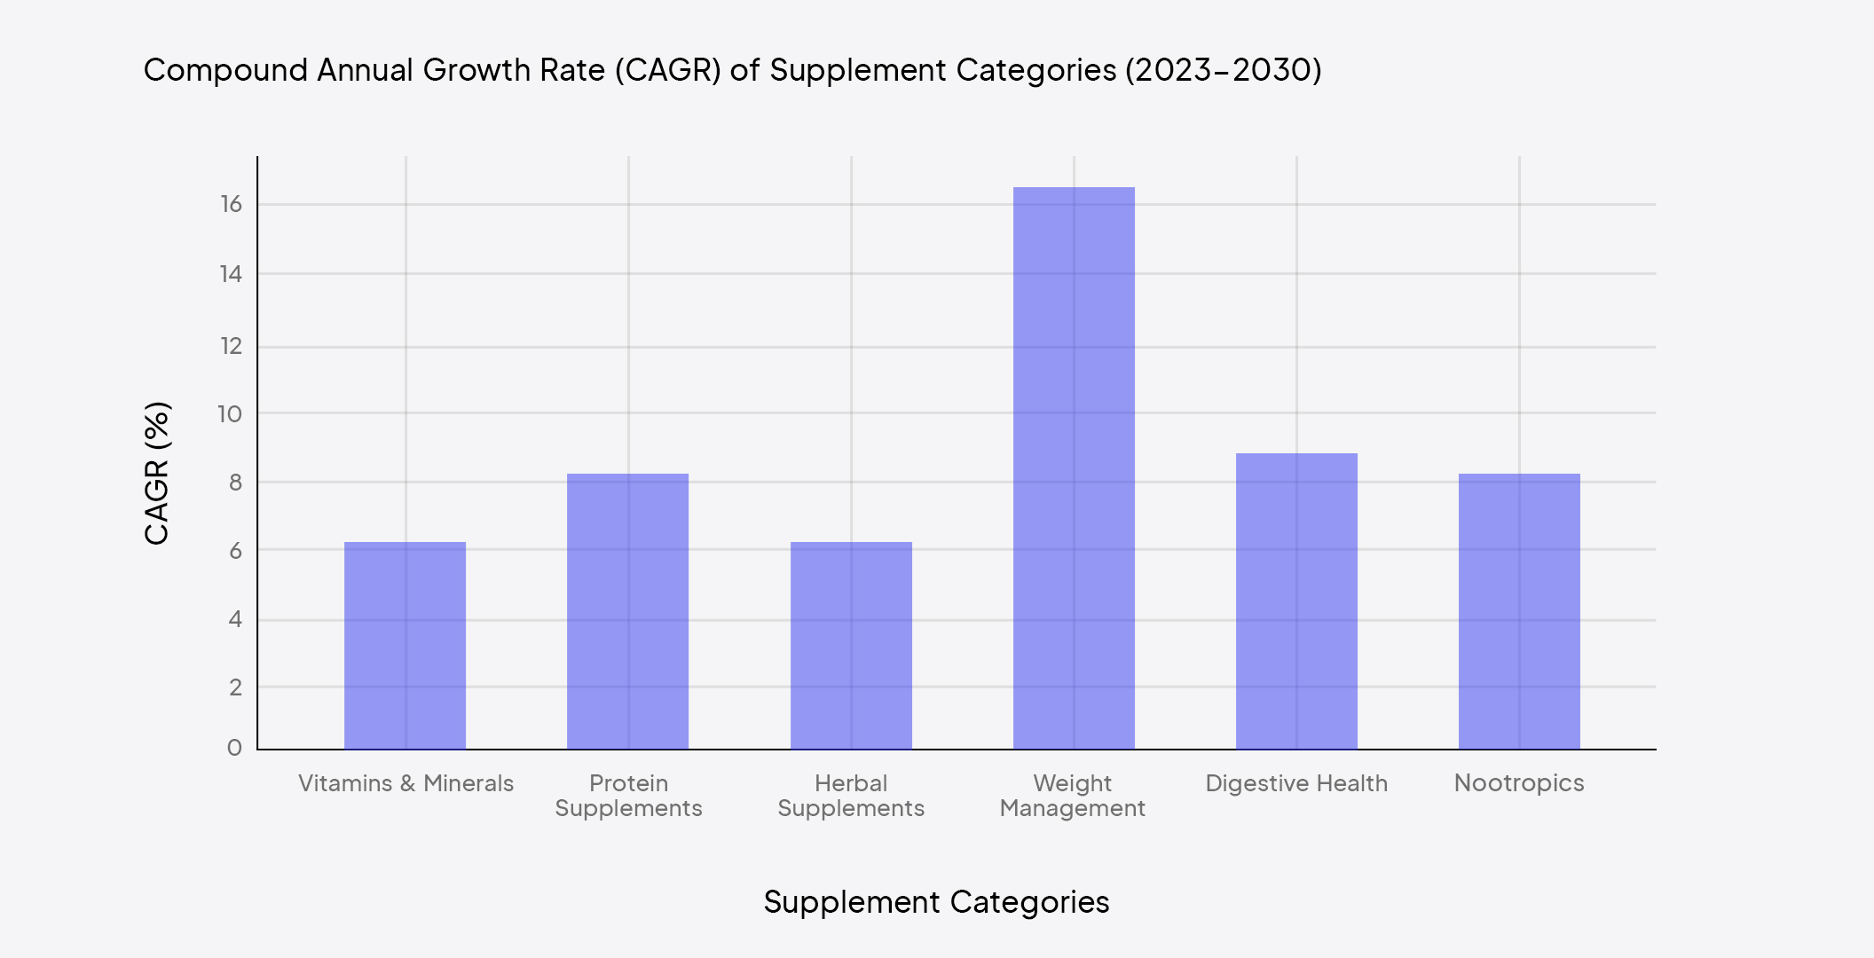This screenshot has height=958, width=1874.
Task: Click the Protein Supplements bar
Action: point(627,612)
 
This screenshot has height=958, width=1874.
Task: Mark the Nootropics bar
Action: point(1519,612)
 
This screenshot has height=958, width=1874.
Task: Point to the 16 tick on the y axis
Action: point(231,205)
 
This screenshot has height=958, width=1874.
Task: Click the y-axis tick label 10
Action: point(230,414)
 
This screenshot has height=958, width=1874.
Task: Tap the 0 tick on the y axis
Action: point(234,748)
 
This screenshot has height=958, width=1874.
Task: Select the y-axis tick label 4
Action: point(235,619)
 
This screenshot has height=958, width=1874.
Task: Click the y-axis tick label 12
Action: point(231,346)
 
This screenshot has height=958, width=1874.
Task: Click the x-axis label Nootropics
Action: point(1519,783)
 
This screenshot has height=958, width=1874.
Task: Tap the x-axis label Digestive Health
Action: point(1296,783)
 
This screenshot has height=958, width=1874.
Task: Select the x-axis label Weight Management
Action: point(1073,796)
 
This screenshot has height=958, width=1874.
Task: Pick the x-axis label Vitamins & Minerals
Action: point(406,783)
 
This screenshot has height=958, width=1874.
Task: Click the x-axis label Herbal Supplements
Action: point(851,796)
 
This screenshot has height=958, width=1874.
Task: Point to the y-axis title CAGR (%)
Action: point(157,473)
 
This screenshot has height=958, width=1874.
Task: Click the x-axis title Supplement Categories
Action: point(936,902)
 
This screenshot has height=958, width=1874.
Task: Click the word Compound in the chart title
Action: point(225,70)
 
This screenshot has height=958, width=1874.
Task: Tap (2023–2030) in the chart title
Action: point(1224,70)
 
